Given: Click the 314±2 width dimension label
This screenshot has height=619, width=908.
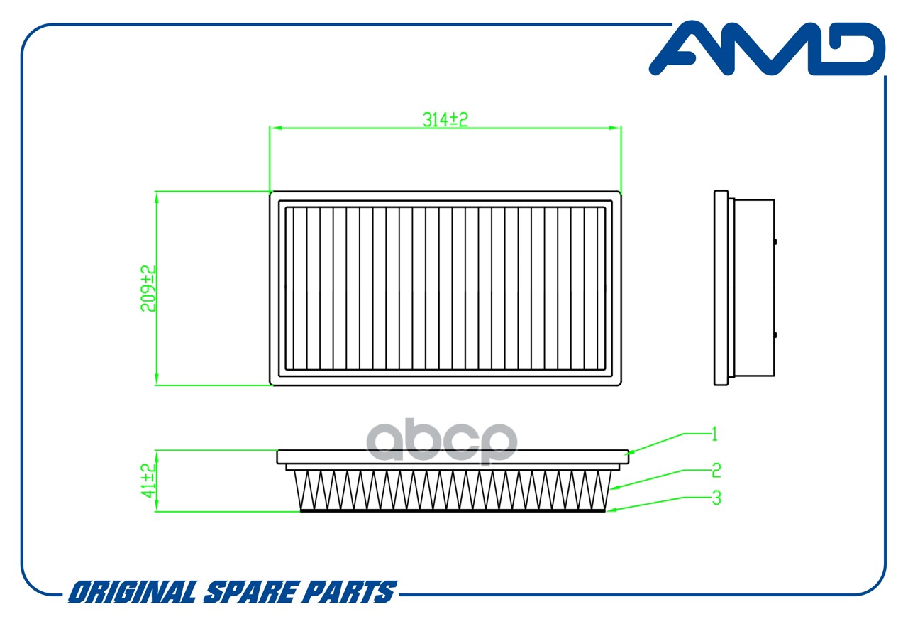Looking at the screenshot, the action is pyautogui.click(x=445, y=120).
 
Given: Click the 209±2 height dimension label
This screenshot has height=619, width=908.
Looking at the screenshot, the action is pyautogui.click(x=148, y=288).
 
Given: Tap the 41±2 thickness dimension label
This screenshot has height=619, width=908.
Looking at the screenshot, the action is pyautogui.click(x=148, y=481).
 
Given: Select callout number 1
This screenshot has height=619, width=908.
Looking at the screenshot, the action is pyautogui.click(x=714, y=434).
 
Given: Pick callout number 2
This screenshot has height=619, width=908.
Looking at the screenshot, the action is pyautogui.click(x=716, y=470).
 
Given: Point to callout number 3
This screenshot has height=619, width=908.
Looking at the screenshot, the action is pyautogui.click(x=716, y=498).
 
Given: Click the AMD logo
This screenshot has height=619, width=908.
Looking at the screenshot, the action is pyautogui.click(x=767, y=49).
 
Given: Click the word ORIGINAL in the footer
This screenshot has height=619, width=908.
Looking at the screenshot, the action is pyautogui.click(x=133, y=592).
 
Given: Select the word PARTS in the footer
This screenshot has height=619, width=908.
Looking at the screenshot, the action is pyautogui.click(x=347, y=592).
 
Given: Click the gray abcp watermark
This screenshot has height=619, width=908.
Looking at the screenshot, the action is pyautogui.click(x=442, y=442).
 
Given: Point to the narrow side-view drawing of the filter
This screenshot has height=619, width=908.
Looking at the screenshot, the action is pyautogui.click(x=744, y=288).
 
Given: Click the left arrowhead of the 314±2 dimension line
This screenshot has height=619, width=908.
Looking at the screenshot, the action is pyautogui.click(x=276, y=128).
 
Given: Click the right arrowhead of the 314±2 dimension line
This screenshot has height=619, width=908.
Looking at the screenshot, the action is pyautogui.click(x=615, y=128).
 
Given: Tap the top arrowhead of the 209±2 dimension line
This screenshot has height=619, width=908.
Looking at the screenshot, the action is pyautogui.click(x=157, y=197).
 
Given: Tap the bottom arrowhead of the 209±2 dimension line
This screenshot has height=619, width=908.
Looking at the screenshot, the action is pyautogui.click(x=157, y=379).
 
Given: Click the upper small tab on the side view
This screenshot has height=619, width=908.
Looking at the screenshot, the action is pyautogui.click(x=775, y=242).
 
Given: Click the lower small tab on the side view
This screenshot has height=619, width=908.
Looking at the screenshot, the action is pyautogui.click(x=775, y=335).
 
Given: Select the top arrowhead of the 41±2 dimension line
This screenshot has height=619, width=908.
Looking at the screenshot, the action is pyautogui.click(x=157, y=456).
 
